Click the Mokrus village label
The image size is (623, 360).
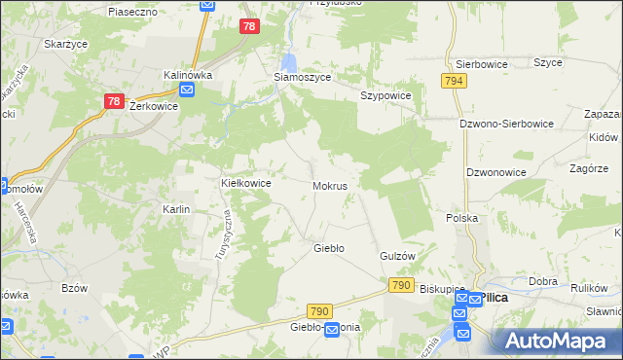coord(331,185)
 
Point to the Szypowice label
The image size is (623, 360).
coord(386,95)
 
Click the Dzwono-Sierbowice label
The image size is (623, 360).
coord(506,124)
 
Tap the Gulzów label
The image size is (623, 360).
coord(397,255)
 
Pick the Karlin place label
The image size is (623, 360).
coord(176,209)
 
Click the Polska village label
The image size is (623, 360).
coord(461,218)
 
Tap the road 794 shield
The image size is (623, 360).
coord(453,83)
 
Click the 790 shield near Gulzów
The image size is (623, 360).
coord(400,285)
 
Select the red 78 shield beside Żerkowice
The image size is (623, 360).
coord(115,100)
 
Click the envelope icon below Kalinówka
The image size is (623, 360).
coord(187,90)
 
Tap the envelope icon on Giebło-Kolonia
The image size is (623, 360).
coord(332,331)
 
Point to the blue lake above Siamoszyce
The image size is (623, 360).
coord(288,57)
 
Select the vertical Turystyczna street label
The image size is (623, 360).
coord(222,235)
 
